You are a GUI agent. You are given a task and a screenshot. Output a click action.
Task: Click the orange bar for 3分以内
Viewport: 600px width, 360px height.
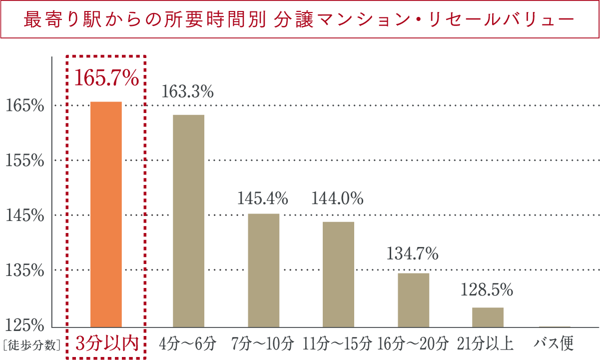click(106, 214)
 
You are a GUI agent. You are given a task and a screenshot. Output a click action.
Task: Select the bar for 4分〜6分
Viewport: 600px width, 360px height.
click(188, 220)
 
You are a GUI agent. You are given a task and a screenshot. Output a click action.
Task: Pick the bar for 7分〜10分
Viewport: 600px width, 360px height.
click(264, 270)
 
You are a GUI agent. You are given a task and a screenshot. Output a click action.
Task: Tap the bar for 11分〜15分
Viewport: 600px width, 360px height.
click(338, 274)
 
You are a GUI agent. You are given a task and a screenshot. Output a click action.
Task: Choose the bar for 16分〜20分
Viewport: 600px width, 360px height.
click(413, 299)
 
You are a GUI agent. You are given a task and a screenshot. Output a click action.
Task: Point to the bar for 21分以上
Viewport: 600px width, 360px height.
click(488, 317)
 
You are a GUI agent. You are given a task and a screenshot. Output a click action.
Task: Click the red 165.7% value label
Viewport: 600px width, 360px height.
click(106, 78)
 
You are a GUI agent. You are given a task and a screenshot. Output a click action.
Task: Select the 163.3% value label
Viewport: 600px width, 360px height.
click(187, 92)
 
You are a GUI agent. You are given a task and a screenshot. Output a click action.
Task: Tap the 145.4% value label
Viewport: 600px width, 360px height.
click(262, 199)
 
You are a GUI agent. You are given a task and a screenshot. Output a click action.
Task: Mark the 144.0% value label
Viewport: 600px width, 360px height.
click(337, 199)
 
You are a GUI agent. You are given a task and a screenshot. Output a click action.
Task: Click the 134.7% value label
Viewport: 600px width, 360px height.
click(413, 254)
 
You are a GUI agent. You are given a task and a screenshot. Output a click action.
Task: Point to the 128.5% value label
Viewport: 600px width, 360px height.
click(488, 289)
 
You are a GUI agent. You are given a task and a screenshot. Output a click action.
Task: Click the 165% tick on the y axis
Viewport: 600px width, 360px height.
click(25, 105)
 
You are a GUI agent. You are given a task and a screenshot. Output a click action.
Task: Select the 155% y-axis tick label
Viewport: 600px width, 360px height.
click(25, 160)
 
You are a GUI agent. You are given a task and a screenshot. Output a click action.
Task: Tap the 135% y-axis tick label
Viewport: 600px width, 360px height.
click(25, 270)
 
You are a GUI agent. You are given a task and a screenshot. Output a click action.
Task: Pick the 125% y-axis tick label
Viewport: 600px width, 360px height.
click(25, 325)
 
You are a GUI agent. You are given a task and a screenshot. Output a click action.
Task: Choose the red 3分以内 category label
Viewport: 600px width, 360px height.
click(106, 343)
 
